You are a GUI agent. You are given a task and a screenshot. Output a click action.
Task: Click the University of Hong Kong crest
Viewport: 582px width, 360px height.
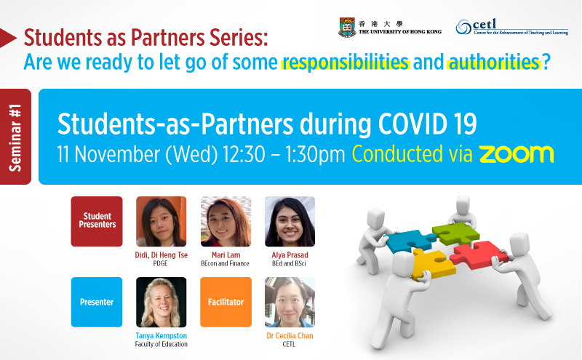coord(347,28)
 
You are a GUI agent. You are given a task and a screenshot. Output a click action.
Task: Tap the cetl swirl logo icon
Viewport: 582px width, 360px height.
coord(463,27)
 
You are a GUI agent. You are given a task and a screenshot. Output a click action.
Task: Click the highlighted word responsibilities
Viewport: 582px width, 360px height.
coord(345,62)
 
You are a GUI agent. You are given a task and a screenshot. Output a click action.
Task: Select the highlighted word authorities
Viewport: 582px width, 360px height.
coord(493,62)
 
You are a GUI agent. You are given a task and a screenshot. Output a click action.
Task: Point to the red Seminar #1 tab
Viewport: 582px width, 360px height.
coord(15,137)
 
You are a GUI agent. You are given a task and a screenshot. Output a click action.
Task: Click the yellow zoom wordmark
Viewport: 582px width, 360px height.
coord(517,154)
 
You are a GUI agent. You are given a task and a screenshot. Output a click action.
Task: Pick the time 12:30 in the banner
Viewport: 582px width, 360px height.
coord(244,154)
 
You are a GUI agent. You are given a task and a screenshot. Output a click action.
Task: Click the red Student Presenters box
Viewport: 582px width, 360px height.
coord(97,221)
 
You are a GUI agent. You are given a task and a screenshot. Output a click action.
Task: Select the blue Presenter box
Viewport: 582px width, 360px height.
coord(97,302)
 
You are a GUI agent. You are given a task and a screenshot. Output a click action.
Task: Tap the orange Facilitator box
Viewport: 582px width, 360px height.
coord(226,302)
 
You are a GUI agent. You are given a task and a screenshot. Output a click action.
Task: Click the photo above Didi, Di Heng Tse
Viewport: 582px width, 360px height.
coord(161,222)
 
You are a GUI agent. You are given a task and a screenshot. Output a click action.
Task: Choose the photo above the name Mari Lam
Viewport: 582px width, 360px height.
coord(226,222)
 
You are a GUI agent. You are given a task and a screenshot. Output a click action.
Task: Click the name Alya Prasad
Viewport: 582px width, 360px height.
coord(290,255)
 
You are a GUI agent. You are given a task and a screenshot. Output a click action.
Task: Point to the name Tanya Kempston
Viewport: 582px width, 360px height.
coord(161,335)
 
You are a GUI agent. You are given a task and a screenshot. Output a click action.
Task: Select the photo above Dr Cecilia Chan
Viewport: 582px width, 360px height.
coord(290,302)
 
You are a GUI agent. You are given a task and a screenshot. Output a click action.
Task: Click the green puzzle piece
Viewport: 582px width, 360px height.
coord(455,233)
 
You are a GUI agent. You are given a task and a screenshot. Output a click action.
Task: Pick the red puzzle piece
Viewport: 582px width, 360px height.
coord(478,255)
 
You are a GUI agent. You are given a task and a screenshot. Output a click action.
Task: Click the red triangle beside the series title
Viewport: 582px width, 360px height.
coord(8,38)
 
